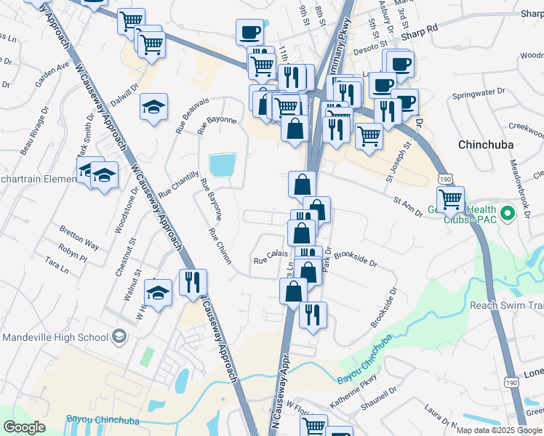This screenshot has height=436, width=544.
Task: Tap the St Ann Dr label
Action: coord(407,206)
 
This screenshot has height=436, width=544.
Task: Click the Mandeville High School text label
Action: coord(55,337)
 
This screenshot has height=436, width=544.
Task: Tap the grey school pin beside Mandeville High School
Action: coord(119,337)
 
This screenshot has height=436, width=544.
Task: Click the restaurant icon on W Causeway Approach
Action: coord(193,281)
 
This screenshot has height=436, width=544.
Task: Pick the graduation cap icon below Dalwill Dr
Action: coord(153,108)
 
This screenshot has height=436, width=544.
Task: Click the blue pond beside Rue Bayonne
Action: coord(223,165)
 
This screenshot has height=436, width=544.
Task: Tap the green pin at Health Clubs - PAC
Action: coord(509,214)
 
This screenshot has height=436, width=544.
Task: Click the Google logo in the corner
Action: coord(25,427)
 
